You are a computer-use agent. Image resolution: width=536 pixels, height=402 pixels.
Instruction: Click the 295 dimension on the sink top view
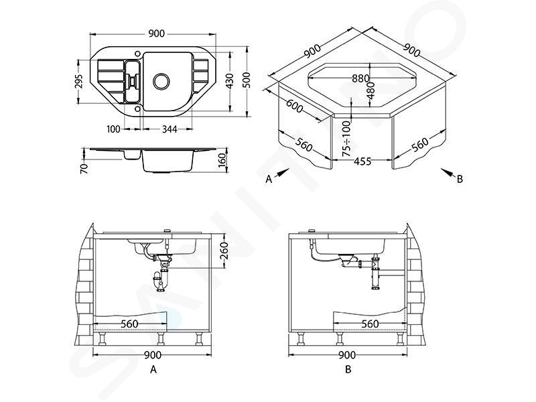click(79, 81)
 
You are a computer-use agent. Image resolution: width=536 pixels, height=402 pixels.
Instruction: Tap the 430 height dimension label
click(230, 81)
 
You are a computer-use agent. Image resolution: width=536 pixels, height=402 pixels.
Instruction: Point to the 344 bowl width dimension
click(170, 129)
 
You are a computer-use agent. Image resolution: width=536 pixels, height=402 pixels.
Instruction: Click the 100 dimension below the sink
click(113, 129)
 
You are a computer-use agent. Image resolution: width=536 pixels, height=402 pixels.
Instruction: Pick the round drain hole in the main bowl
click(161, 81)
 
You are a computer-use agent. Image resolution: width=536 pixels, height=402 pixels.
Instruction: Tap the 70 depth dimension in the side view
click(84, 169)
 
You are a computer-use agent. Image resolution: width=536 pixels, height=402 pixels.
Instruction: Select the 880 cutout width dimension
click(361, 78)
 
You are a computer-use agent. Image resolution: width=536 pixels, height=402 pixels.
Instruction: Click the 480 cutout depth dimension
click(371, 90)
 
